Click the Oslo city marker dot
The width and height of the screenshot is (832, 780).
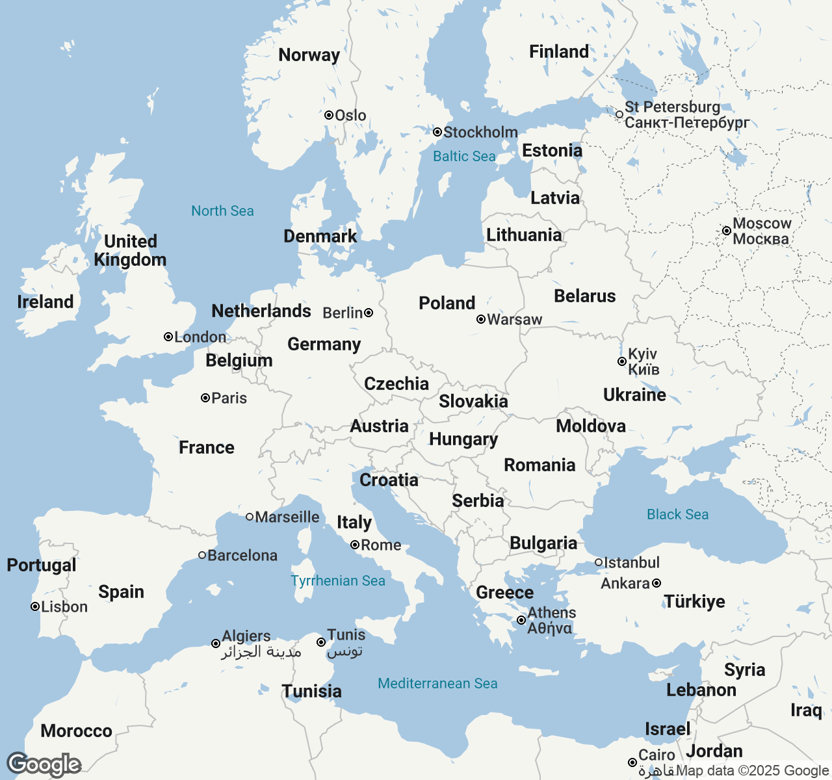(x=329, y=115)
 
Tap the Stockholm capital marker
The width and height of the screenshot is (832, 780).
(x=437, y=132)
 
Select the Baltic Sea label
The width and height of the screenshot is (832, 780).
(x=464, y=156)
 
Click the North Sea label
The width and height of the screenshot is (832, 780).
(x=222, y=211)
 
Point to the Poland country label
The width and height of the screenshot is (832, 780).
(x=447, y=303)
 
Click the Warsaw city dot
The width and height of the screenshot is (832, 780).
(x=481, y=319)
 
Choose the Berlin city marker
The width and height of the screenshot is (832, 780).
(x=369, y=313)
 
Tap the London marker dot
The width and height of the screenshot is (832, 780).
(x=168, y=337)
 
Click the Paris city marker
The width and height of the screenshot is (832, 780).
(x=205, y=398)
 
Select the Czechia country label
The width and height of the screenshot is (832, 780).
(x=396, y=383)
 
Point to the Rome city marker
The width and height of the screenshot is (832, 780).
(x=355, y=545)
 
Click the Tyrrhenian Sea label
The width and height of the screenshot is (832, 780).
(x=338, y=580)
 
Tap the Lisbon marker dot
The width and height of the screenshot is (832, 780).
(x=35, y=606)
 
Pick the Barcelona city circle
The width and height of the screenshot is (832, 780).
(x=202, y=555)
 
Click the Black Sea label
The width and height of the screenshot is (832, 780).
(x=677, y=514)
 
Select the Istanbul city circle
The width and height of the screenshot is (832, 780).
(x=599, y=562)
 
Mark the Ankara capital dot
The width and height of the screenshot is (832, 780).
(x=656, y=583)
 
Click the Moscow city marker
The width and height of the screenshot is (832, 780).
(x=727, y=231)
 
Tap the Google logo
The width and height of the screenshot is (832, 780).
(x=44, y=764)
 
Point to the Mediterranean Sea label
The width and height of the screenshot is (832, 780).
(x=437, y=683)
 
